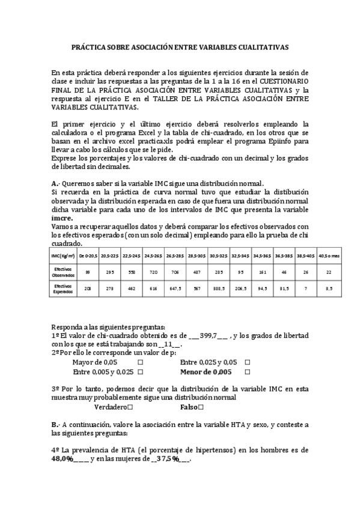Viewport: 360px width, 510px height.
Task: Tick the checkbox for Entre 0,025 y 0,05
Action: coord(246,363)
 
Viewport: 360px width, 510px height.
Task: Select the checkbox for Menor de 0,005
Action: coord(246,372)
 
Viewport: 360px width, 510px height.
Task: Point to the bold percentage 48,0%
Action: coord(63,458)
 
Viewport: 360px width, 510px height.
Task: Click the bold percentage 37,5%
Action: coord(168,458)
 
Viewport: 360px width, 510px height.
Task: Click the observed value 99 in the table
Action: coord(88,272)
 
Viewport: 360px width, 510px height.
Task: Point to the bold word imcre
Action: coord(62,218)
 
